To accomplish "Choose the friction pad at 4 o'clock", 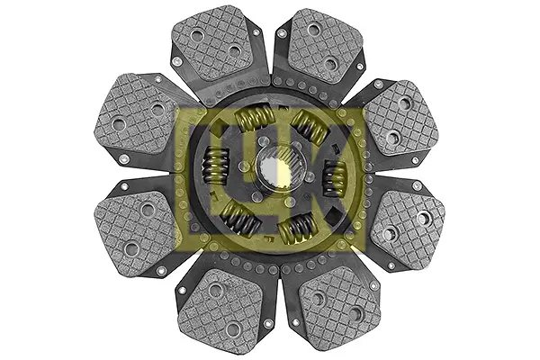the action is click(x=408, y=228).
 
